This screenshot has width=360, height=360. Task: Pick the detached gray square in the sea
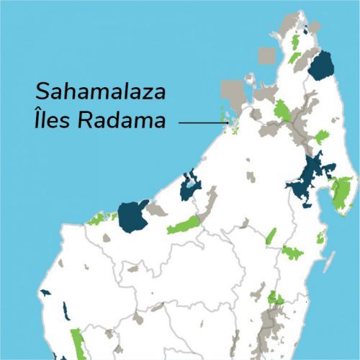266,55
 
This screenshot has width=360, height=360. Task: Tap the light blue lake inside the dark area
189,185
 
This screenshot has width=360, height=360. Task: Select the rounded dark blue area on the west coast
132,215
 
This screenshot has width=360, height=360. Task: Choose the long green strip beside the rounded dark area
183,225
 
